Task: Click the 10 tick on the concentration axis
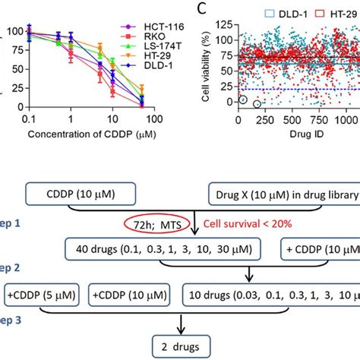(x=112, y=120)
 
